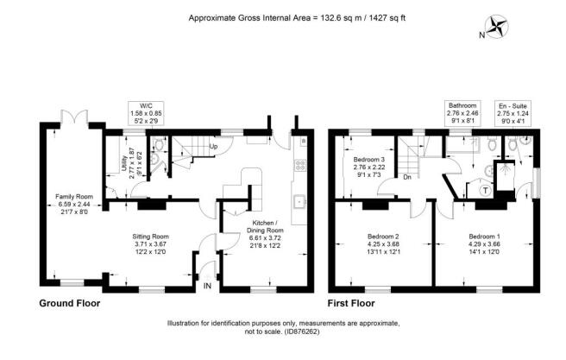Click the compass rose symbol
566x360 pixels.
coord(499,26)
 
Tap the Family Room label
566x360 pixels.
coord(74,205)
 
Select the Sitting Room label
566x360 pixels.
coord(150,244)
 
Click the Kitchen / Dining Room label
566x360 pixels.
coord(265,234)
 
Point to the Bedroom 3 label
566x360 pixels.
coord(369,167)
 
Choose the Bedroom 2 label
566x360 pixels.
coord(383,244)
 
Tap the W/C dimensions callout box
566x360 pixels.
coord(146,113)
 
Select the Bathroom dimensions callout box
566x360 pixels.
coord(462,113)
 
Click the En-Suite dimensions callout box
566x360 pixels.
coord(513,113)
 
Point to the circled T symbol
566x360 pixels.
coord(486,190)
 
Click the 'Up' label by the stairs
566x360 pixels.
coord(213,147)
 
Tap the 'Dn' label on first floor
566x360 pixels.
coord(407,177)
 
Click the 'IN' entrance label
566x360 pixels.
coord(207,286)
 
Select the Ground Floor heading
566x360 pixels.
coord(70,303)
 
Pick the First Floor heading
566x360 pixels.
coord(351,303)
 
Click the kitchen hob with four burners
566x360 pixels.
coord(300,165)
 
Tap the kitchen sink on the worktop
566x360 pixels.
coord(299,201)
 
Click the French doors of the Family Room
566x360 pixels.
coord(74,117)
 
